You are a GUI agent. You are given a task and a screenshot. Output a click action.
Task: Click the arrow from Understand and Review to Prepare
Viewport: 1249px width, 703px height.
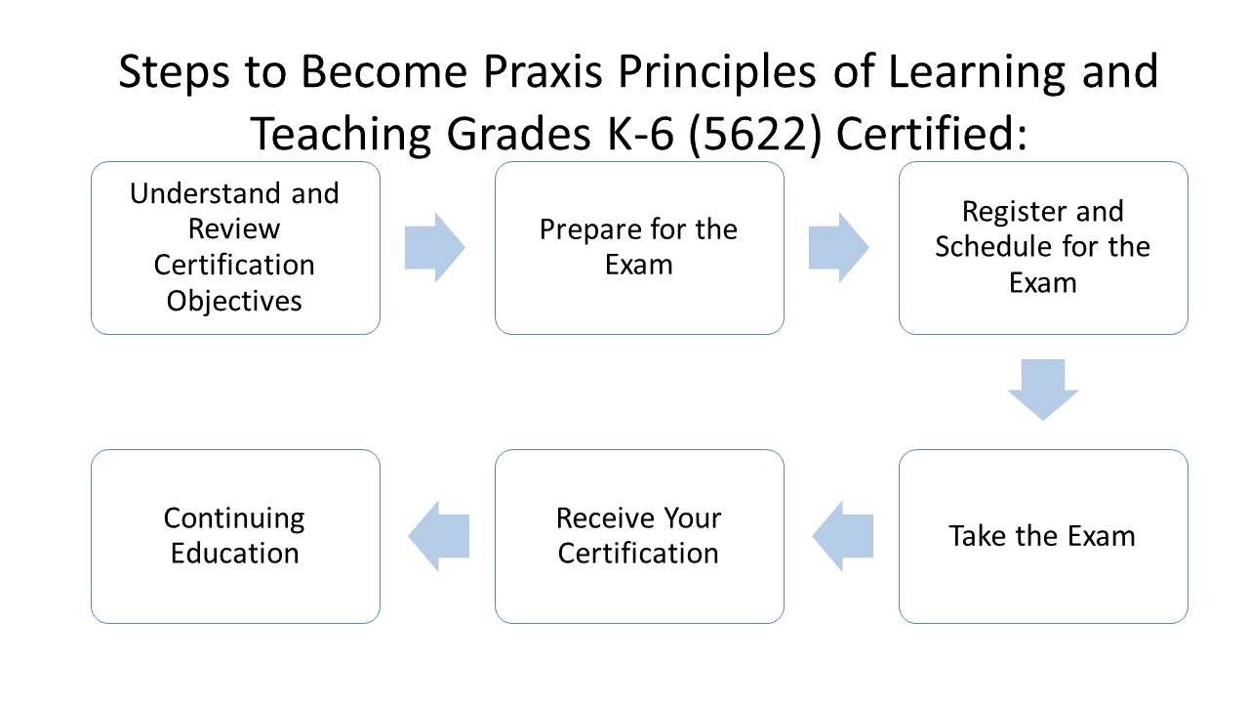coord(435,248)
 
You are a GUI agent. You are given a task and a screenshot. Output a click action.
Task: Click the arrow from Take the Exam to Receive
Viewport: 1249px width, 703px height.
coord(843,536)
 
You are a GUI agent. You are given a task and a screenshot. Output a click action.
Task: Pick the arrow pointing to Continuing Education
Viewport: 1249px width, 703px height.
coord(439,536)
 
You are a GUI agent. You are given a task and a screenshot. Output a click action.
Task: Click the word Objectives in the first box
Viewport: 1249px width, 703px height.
coord(234,301)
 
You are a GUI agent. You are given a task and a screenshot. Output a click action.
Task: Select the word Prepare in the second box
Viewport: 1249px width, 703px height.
coord(584,229)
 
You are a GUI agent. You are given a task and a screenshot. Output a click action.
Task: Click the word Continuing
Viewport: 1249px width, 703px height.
coord(234,517)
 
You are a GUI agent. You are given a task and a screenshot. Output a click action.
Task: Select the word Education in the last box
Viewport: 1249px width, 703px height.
coord(234,553)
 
